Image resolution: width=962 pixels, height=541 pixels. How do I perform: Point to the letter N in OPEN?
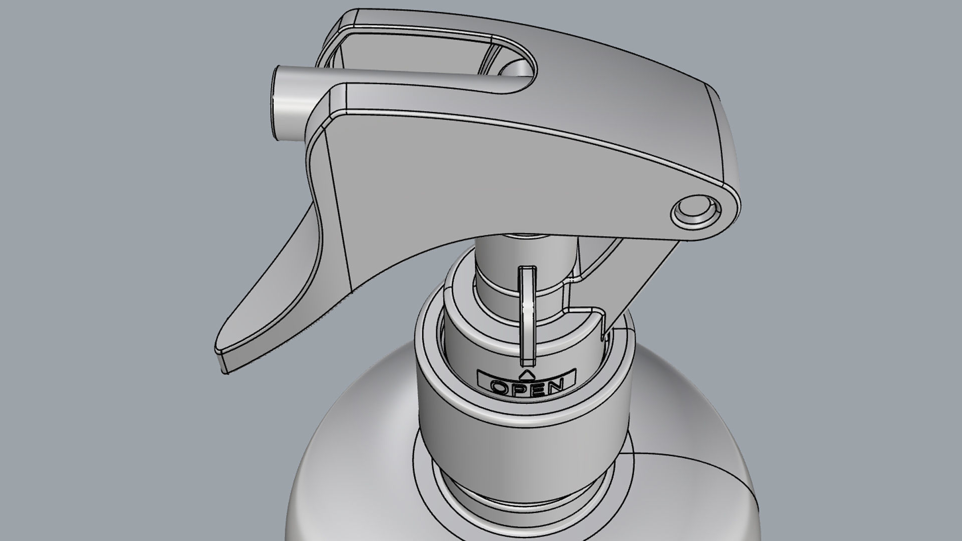(x=555, y=387)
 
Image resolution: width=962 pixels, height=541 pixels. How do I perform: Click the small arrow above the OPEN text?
(x=526, y=375)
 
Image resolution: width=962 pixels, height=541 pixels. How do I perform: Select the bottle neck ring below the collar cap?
(x=521, y=501)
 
